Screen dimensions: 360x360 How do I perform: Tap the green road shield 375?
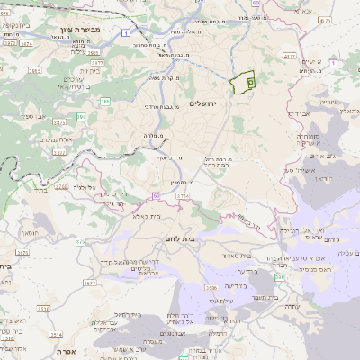pyautogui.click(x=80, y=241)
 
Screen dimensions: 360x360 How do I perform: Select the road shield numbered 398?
pyautogui.click(x=281, y=278)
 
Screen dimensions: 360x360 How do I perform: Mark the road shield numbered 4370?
pyautogui.click(x=288, y=57)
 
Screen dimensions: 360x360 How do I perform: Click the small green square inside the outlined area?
pyautogui.click(x=249, y=82)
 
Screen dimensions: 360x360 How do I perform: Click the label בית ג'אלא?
pyautogui.click(x=147, y=216)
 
